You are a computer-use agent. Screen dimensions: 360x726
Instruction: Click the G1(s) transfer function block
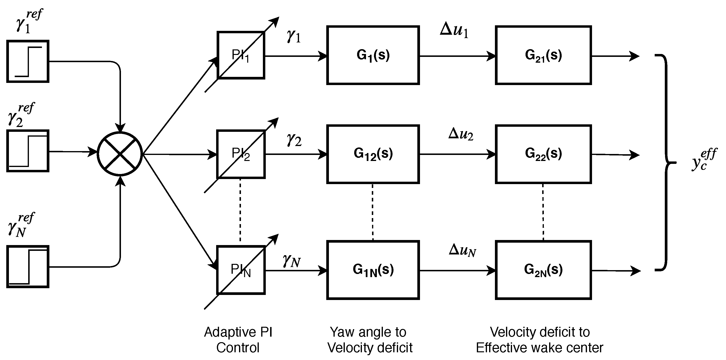[x=373, y=55]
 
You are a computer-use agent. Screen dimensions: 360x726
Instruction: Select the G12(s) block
[x=373, y=154]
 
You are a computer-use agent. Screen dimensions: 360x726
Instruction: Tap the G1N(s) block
[x=373, y=270]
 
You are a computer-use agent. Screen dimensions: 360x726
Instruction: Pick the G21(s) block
[x=543, y=55]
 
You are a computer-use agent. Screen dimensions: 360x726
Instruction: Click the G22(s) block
[x=543, y=154]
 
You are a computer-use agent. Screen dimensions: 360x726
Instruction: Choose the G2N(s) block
[x=543, y=270]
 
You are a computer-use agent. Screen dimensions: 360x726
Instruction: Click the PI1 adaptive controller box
[x=241, y=55]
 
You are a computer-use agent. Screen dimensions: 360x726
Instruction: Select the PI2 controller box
[x=241, y=154]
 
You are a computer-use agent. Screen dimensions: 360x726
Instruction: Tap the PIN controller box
[x=241, y=270]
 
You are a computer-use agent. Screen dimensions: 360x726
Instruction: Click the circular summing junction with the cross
[x=120, y=154]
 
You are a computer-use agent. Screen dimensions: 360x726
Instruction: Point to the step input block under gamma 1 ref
[x=28, y=61]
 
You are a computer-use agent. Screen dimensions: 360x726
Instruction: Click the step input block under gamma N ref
[x=28, y=267]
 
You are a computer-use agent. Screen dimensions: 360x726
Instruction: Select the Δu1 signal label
[x=454, y=30]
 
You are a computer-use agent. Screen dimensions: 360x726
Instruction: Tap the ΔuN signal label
[x=462, y=250]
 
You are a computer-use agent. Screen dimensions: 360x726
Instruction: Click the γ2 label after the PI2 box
[x=294, y=140]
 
